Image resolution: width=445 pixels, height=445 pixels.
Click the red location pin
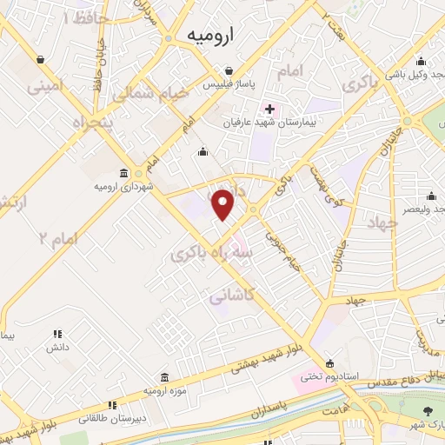pyautogui.click(x=223, y=205)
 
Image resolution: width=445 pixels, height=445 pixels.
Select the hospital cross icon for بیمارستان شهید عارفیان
pyautogui.click(x=269, y=109)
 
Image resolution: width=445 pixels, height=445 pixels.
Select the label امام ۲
pyautogui.click(x=58, y=236)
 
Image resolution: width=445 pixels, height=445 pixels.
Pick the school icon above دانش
pyautogui.click(x=58, y=333)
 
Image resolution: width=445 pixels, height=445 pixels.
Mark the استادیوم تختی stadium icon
pyautogui.click(x=329, y=363)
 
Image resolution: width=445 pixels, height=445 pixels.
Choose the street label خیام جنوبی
pyautogui.click(x=283, y=249)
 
